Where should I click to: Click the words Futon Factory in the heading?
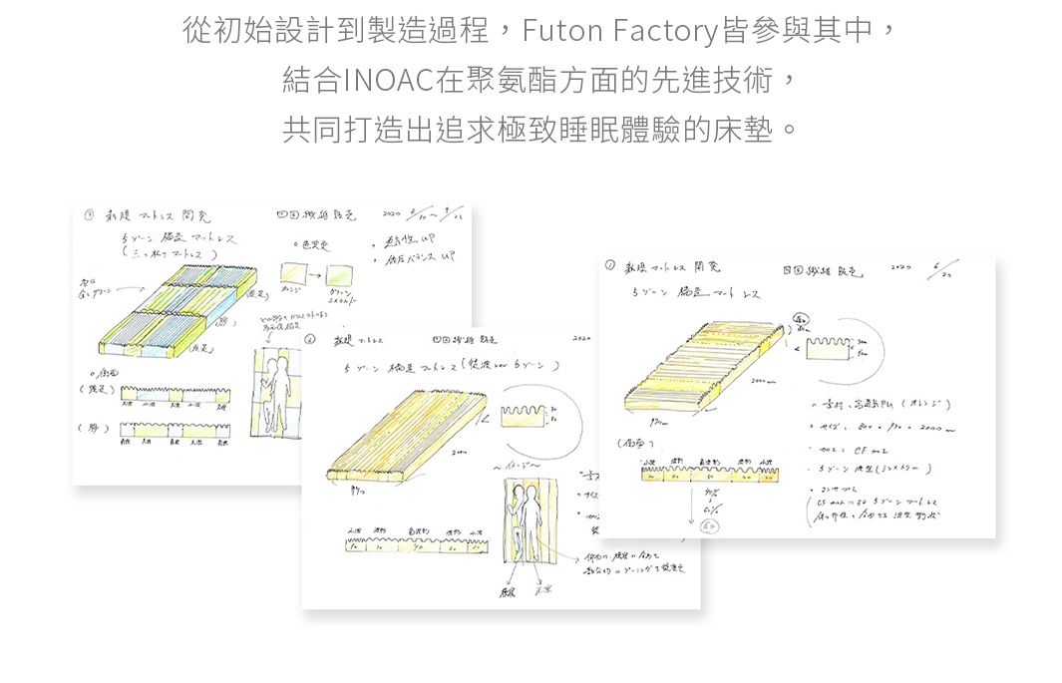click(x=619, y=32)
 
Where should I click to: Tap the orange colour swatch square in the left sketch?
click(x=293, y=272)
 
